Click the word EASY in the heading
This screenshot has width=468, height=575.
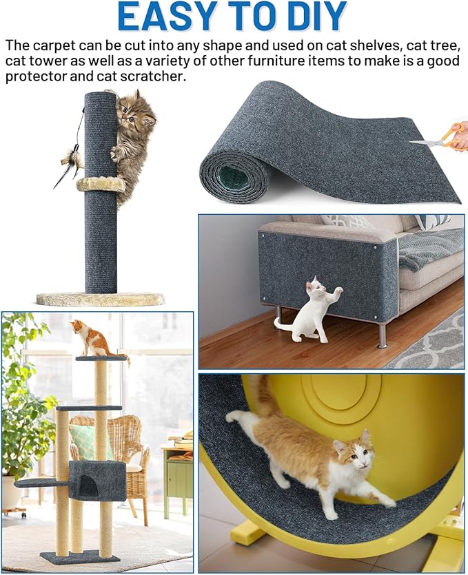pos(163,17)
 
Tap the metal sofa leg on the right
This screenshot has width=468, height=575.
pos(382,335)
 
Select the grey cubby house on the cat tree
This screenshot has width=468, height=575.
pos(97,480)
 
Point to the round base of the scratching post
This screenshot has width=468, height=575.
pos(101,299)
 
